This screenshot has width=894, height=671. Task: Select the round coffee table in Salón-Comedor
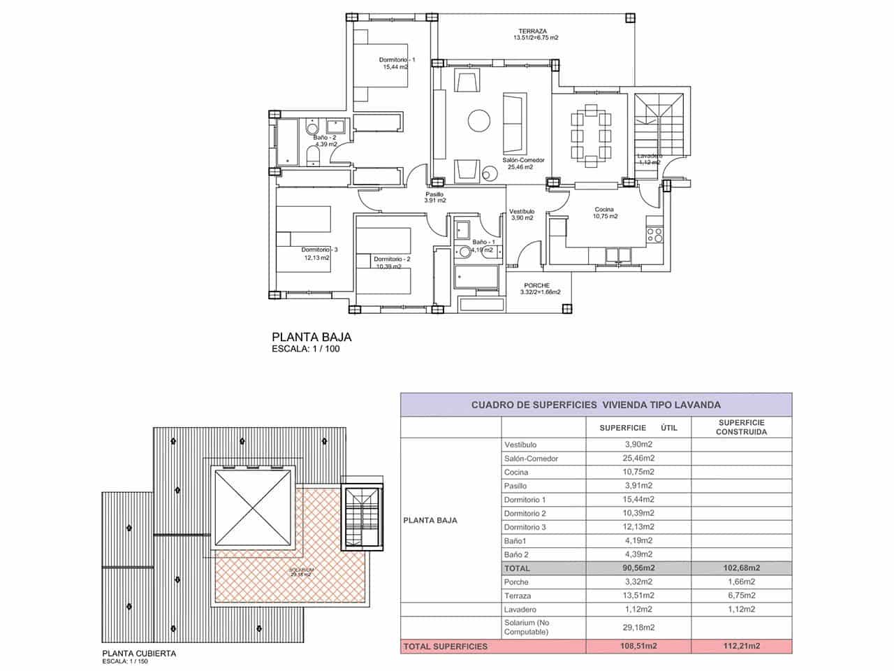(480, 120)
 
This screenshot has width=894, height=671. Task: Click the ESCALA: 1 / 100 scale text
(306, 349)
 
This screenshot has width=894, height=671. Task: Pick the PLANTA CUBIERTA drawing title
(139, 654)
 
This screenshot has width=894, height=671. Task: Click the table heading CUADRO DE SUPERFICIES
(596, 405)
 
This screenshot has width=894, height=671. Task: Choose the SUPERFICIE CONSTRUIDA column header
(741, 427)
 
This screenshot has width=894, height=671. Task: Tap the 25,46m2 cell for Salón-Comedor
(638, 459)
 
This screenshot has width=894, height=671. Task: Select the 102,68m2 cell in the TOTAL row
(741, 568)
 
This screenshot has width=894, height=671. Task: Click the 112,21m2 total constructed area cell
(741, 647)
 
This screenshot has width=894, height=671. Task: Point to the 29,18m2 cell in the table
(638, 628)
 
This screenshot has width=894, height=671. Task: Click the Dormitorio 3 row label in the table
(525, 527)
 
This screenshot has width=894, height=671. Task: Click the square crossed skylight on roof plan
(252, 508)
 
